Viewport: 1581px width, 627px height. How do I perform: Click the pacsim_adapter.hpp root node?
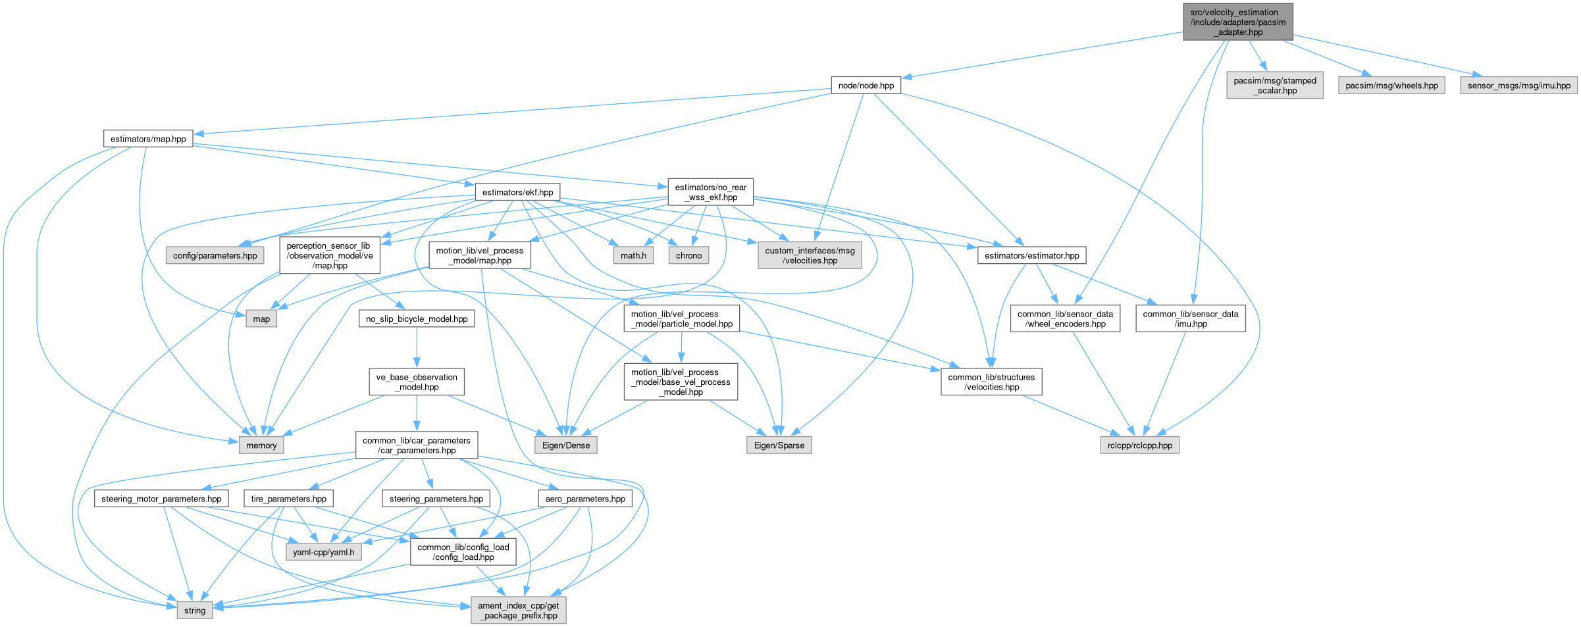[x=1237, y=22]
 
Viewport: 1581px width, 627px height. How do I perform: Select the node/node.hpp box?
[x=866, y=86]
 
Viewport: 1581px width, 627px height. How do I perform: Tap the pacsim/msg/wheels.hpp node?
[x=1391, y=86]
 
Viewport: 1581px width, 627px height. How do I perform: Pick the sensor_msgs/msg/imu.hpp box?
[x=1518, y=86]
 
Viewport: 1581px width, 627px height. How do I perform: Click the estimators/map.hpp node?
[x=148, y=139]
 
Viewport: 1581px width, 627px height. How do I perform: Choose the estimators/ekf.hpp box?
[x=517, y=192]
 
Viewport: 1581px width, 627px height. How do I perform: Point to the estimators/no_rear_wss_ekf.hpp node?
[x=710, y=192]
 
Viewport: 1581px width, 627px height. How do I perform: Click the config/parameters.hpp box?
[x=215, y=255]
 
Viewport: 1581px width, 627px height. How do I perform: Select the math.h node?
[x=633, y=255]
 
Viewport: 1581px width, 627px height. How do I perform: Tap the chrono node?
[x=688, y=255]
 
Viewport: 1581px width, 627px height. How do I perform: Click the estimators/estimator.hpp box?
[x=1031, y=255]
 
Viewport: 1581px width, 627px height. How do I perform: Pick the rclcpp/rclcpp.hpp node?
[x=1139, y=445]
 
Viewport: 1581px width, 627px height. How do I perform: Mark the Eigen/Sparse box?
[x=779, y=445]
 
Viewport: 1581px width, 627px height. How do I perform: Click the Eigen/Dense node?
[x=566, y=445]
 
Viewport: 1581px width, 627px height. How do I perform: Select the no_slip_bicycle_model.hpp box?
[x=416, y=319]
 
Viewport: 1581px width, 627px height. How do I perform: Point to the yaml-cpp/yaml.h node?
[x=323, y=552]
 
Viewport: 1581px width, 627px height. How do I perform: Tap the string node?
[x=194, y=611]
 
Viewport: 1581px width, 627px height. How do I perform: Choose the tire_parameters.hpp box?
[x=288, y=499]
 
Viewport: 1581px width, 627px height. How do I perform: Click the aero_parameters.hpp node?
[x=584, y=499]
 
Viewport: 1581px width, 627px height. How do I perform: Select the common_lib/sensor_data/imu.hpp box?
[x=1190, y=319]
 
